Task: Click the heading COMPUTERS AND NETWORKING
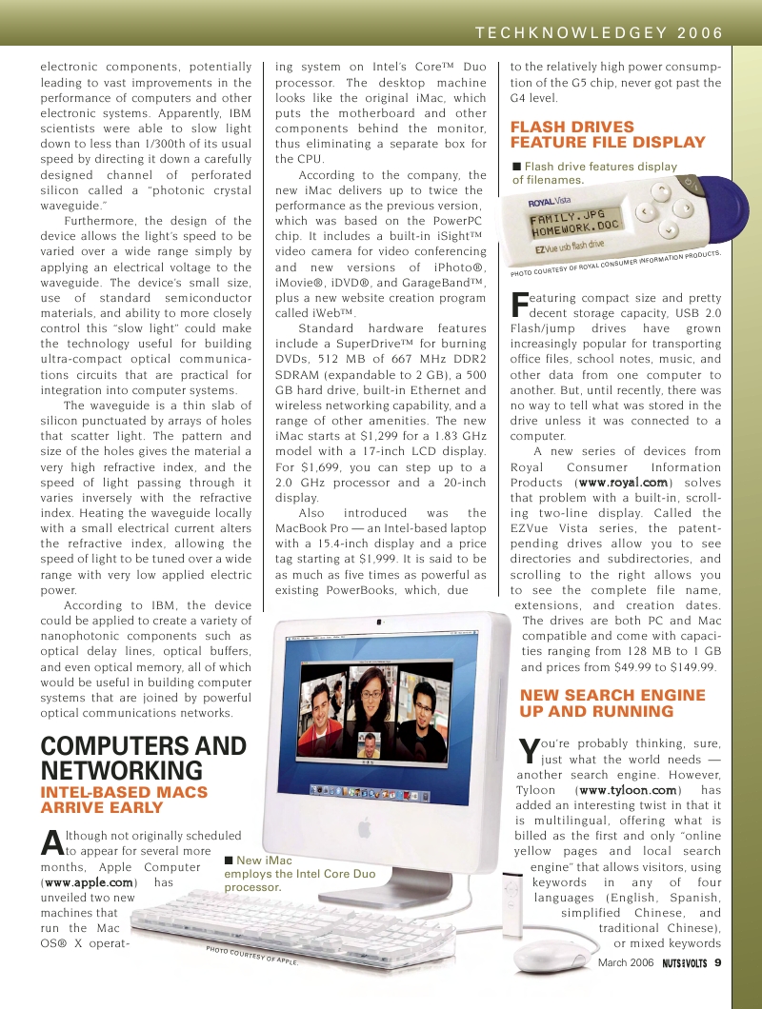(143, 758)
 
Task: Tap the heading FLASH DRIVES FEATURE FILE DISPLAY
(608, 134)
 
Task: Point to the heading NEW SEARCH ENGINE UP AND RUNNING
(612, 703)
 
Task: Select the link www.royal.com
(623, 483)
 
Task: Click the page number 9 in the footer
(718, 962)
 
